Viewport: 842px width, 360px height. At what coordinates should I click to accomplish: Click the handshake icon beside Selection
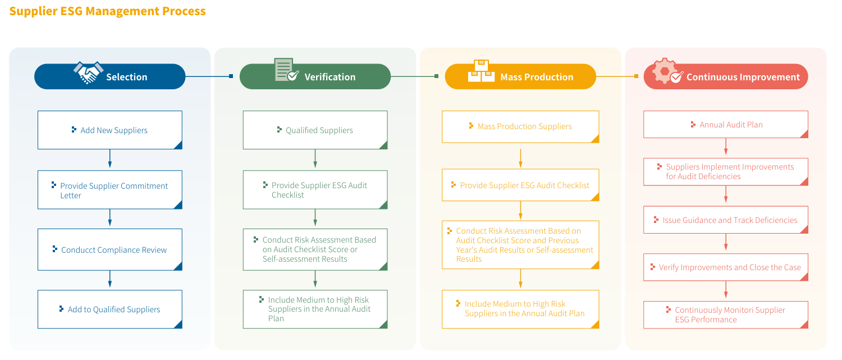pyautogui.click(x=88, y=72)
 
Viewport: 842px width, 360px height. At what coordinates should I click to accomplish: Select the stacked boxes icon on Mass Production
pyautogui.click(x=481, y=71)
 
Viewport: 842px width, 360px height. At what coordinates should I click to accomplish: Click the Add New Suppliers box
pyautogui.click(x=110, y=130)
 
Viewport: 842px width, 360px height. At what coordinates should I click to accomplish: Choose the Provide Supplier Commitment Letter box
pyautogui.click(x=110, y=190)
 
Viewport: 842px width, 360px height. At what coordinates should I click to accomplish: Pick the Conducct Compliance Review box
pyautogui.click(x=110, y=250)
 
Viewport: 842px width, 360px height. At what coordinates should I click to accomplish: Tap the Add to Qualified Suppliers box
pyautogui.click(x=110, y=309)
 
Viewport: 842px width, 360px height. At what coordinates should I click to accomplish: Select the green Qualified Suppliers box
pyautogui.click(x=315, y=130)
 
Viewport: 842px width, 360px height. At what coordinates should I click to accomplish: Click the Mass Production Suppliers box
pyautogui.click(x=520, y=127)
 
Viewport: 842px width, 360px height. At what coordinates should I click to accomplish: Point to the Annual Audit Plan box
pyautogui.click(x=725, y=125)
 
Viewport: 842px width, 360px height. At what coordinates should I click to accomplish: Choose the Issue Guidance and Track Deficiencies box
pyautogui.click(x=725, y=220)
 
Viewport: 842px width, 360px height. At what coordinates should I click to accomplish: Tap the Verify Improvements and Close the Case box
pyautogui.click(x=725, y=267)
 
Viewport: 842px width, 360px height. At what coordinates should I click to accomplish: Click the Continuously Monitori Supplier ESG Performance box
pyautogui.click(x=725, y=315)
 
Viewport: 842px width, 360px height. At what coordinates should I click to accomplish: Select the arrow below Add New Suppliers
pyautogui.click(x=110, y=158)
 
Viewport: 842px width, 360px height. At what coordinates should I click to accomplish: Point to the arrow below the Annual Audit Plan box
pyautogui.click(x=726, y=147)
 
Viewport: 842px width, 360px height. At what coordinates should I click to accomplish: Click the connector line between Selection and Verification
pyautogui.click(x=209, y=76)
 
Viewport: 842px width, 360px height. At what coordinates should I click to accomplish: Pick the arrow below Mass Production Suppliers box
pyautogui.click(x=520, y=158)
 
